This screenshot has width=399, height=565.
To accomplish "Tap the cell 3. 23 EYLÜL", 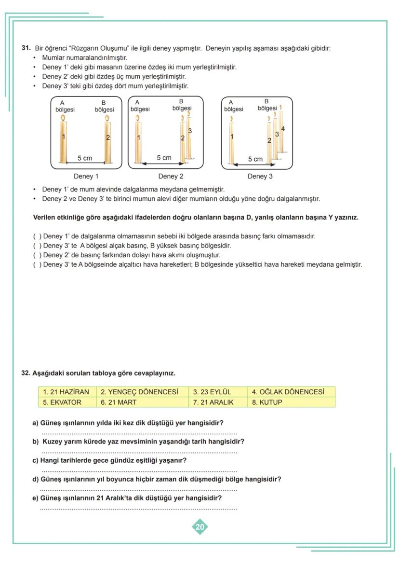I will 217,392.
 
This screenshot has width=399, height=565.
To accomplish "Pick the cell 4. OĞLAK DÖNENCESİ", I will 291,392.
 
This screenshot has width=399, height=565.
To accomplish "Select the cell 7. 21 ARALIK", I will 217,402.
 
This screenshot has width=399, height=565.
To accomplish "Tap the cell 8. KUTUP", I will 291,402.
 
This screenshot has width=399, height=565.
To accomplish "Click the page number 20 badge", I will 199,527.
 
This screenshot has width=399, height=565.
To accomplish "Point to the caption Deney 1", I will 86,176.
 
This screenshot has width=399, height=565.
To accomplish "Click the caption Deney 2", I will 171,176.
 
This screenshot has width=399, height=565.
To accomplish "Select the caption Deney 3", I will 260,176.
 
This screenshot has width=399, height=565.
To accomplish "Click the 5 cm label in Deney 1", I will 85,158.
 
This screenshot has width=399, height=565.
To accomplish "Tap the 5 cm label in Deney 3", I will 255,159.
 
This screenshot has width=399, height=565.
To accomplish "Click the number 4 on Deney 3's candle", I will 283,128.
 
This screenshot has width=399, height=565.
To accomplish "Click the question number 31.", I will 26,48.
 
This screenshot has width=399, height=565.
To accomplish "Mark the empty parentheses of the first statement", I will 37,236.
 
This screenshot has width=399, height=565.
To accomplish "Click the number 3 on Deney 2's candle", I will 190,131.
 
